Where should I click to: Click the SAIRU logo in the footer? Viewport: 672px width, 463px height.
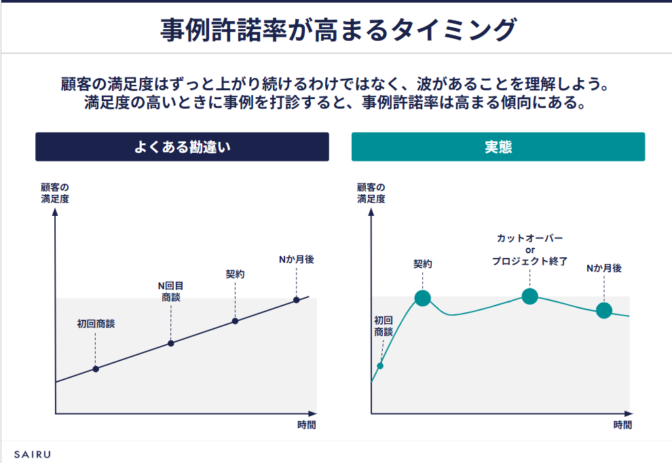coord(32,453)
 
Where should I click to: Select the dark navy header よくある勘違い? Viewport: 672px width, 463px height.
coord(182,147)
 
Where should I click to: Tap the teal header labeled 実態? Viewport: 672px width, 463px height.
coord(498,147)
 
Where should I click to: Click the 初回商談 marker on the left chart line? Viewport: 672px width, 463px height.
coord(96,369)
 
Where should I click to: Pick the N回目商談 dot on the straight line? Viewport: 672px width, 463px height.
coord(171,343)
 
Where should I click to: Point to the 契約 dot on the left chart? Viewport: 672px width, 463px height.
coord(235,320)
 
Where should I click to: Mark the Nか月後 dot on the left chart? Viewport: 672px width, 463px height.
coord(297,299)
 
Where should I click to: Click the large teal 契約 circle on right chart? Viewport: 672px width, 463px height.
coord(422,298)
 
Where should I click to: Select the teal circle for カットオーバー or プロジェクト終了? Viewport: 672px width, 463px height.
coord(530,296)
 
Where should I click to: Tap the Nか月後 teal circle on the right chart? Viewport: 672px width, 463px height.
coord(604,310)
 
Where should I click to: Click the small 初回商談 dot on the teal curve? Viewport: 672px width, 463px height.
coord(380,366)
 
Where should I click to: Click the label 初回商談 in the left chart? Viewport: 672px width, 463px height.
coord(96,324)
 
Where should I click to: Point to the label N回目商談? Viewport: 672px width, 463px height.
coord(171,291)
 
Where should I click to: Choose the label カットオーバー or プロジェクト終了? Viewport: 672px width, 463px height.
coord(530,249)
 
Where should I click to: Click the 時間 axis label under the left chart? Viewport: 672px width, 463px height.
coord(306,425)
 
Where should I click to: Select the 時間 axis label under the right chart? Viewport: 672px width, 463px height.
coord(622,425)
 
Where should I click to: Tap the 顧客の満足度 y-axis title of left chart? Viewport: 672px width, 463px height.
coord(55,193)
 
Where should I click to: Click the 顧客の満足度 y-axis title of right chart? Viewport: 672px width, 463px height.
coord(371,193)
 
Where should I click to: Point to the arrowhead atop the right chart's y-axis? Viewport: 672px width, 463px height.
coord(371,211)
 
